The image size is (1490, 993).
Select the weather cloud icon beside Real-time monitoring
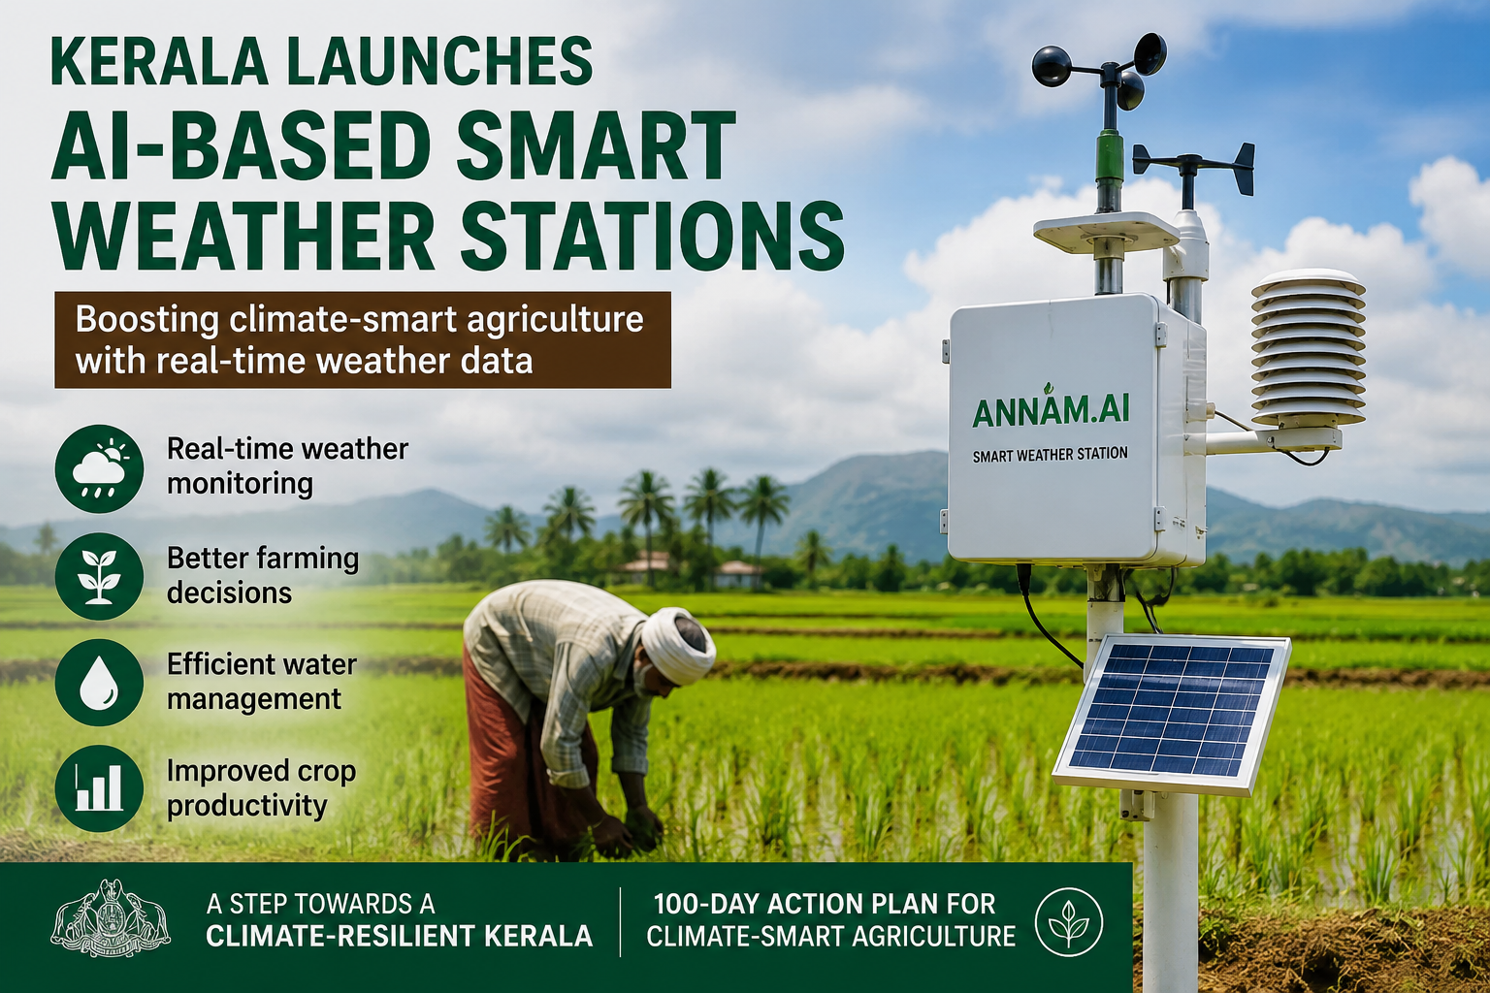[x=99, y=469]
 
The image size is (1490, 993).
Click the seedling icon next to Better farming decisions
[x=99, y=576]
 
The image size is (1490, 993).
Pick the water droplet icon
[x=99, y=683]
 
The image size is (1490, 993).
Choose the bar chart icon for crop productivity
[x=99, y=788]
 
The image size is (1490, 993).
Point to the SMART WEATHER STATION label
[x=1051, y=455]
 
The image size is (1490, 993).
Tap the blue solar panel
[x=1172, y=714]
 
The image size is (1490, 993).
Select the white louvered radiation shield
[x=1308, y=348]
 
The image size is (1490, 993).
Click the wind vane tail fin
[x=1244, y=169]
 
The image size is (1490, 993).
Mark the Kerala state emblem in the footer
[x=111, y=918]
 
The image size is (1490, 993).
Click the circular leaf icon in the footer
[x=1069, y=922]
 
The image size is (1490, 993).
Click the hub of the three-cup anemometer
[x=1110, y=72]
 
